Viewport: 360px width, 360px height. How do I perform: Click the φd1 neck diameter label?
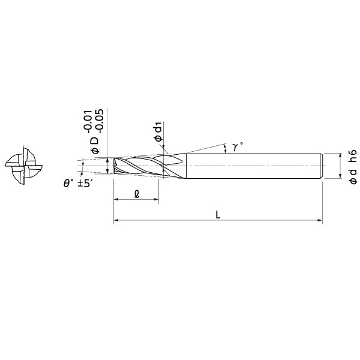click(158, 132)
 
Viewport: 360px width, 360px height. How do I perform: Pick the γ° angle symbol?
click(236, 146)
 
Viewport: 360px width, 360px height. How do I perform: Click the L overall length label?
click(218, 214)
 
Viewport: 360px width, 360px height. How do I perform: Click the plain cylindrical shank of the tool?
click(252, 165)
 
